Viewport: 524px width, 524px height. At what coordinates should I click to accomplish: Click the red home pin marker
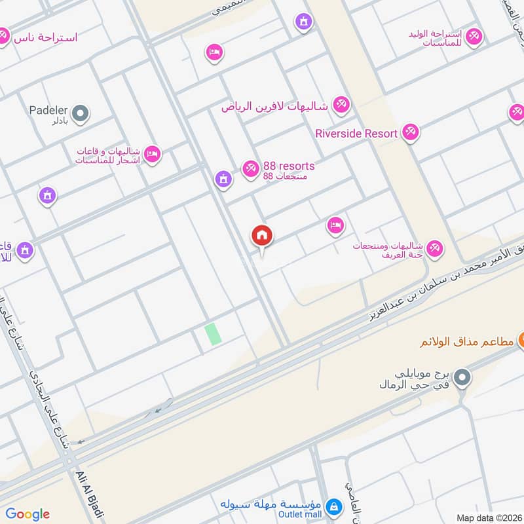pos(262,236)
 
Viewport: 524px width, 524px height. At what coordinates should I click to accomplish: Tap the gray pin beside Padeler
pos(81,115)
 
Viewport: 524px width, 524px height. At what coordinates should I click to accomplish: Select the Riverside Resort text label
pos(356,134)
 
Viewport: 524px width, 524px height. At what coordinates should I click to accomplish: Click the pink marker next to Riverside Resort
pos(411,133)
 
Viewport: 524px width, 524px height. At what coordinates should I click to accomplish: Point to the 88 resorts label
pos(289,166)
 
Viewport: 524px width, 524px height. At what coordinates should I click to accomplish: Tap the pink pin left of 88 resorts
pos(250,169)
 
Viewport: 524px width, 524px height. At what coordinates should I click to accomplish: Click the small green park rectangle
pos(213,333)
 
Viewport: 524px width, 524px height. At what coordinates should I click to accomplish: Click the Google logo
pos(28,514)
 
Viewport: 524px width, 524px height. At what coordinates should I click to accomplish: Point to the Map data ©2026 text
pos(489,517)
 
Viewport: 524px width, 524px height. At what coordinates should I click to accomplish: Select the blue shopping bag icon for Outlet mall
pos(334,506)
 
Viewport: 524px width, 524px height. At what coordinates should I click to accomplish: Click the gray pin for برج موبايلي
pos(462,377)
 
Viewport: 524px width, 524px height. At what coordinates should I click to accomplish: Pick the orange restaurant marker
pos(522,341)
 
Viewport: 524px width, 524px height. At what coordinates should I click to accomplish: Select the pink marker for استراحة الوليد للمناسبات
pos(474,37)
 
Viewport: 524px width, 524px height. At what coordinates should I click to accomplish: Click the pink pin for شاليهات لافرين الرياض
pos(341,105)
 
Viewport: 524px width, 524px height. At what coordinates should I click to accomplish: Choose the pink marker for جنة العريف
pos(434,249)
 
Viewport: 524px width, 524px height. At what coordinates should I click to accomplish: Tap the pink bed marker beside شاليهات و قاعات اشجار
pos(152,154)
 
